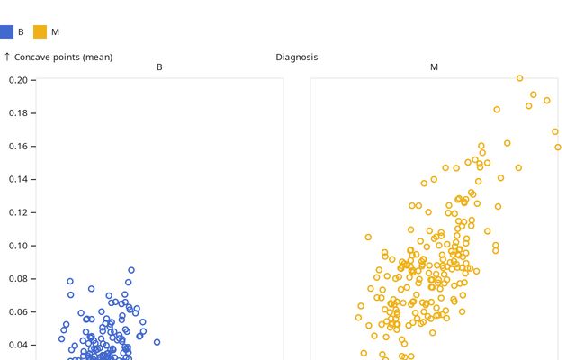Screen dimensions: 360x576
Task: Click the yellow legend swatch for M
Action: coord(40,31)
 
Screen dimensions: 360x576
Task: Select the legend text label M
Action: coord(55,32)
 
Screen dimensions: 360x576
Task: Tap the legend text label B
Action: coord(21,32)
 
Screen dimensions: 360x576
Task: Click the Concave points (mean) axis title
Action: coord(64,57)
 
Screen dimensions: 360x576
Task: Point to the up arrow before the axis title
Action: coord(7,57)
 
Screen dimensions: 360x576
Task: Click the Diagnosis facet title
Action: coord(296,57)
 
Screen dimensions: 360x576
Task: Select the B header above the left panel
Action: coord(159,67)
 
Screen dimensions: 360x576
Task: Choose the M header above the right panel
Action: coord(434,67)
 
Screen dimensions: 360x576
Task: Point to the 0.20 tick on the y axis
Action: coord(21,80)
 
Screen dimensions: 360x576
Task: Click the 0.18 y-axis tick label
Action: coord(21,113)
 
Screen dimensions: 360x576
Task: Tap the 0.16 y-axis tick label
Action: coord(21,146)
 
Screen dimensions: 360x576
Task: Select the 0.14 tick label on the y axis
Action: coord(21,179)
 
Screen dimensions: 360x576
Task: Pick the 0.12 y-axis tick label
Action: coord(21,212)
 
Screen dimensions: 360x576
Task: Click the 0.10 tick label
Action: coord(21,246)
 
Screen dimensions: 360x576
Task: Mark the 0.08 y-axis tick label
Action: coord(21,279)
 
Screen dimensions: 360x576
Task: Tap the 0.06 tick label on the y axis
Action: coord(21,311)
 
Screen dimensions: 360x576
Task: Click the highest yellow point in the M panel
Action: coord(519,78)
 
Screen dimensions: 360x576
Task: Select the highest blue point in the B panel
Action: coord(130,270)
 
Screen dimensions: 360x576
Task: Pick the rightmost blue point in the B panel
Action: coord(157,342)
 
